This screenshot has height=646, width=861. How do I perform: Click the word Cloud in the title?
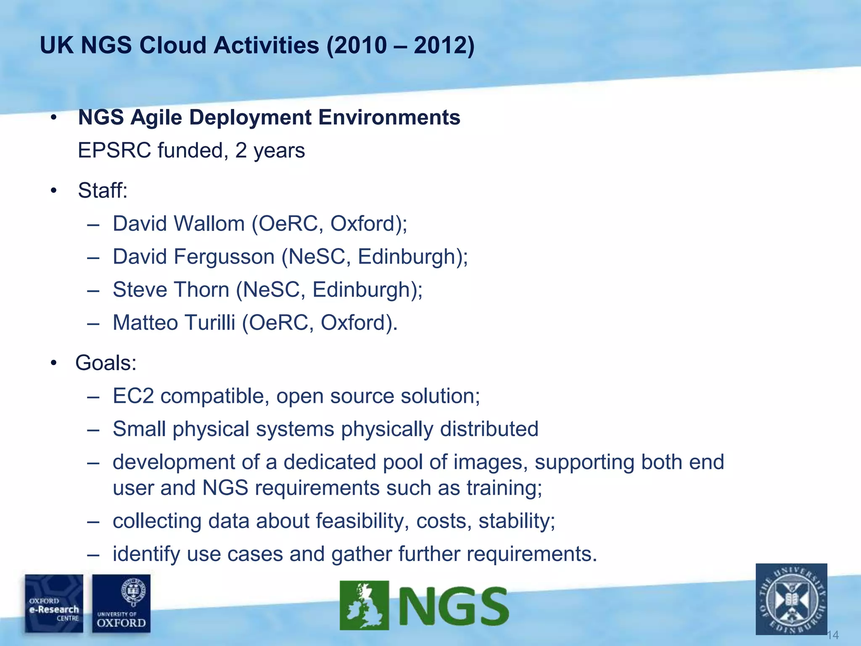[x=173, y=45]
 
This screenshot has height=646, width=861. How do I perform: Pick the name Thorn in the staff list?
[x=201, y=290]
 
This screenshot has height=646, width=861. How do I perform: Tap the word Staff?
[x=103, y=190]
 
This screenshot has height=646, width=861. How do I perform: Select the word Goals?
[x=106, y=363]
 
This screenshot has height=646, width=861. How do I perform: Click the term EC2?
[x=133, y=396]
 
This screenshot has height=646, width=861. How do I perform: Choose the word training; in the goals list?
[x=504, y=488]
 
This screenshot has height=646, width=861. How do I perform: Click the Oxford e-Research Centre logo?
[x=54, y=604]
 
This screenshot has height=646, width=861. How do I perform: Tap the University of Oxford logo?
[x=121, y=604]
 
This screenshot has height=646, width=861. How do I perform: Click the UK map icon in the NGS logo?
[x=364, y=606]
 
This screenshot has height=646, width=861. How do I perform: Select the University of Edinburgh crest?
[x=791, y=599]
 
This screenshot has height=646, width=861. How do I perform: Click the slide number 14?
[x=832, y=635]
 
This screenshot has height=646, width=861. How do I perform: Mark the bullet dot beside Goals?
[x=53, y=363]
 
